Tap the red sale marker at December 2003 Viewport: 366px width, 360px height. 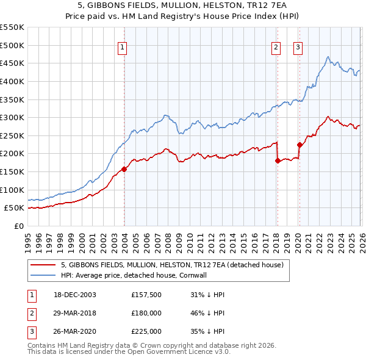pyautogui.click(x=124, y=169)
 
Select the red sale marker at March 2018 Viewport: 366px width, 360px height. pyautogui.click(x=278, y=161)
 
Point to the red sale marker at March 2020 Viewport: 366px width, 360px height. pyautogui.click(x=300, y=145)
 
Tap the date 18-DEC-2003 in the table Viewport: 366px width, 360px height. pyautogui.click(x=74, y=295)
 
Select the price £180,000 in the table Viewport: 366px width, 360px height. pyautogui.click(x=146, y=313)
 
